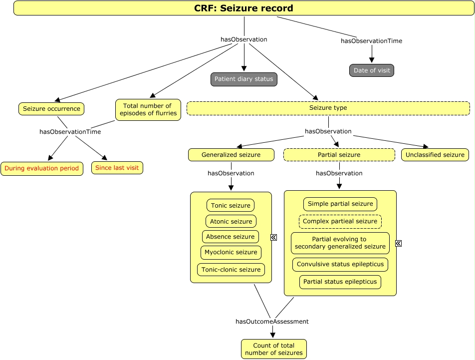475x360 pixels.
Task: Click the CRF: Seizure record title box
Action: [x=243, y=8]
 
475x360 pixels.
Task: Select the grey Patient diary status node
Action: [x=243, y=79]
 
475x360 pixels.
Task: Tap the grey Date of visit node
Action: [x=372, y=70]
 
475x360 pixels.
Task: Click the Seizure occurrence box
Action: [x=51, y=109]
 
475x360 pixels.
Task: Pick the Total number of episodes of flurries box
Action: [x=148, y=109]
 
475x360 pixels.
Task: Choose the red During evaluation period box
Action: [x=42, y=168]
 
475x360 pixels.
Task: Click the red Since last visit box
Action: [x=117, y=168]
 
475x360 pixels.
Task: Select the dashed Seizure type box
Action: [x=328, y=108]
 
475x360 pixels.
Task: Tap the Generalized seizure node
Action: [x=231, y=155]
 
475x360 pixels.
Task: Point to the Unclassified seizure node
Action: [x=435, y=155]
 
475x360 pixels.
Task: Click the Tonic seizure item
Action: [x=231, y=205]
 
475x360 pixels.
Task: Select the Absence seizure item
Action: [x=231, y=237]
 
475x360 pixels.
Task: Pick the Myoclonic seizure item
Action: [x=231, y=253]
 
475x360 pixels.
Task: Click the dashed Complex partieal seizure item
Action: [x=340, y=221]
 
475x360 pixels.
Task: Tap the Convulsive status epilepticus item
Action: [x=340, y=264]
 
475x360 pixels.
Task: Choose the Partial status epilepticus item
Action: [x=340, y=282]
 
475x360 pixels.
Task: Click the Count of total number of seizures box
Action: [x=273, y=349]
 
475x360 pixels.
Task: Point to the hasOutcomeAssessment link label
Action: [x=272, y=322]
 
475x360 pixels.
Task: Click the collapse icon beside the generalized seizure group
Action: [x=273, y=238]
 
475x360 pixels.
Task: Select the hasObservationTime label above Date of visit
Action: [x=371, y=41]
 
